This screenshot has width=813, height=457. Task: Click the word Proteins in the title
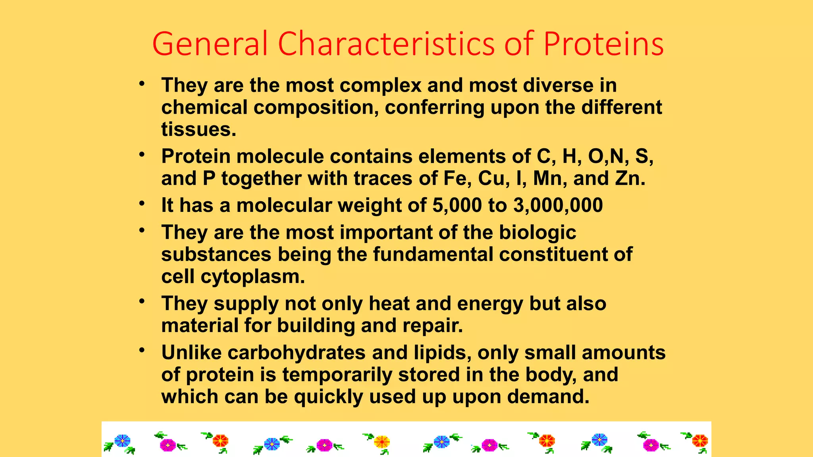tap(603, 44)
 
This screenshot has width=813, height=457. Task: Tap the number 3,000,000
tap(558, 205)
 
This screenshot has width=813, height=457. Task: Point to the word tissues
tap(198, 130)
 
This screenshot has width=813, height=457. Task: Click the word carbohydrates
tap(296, 353)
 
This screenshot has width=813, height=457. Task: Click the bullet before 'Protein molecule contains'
tap(142, 154)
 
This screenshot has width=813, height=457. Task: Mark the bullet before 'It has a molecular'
tap(142, 204)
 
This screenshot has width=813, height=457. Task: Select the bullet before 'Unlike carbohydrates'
tap(142, 351)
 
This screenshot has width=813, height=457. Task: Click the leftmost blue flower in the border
tap(122, 441)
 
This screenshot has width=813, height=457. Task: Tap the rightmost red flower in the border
tap(700, 441)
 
